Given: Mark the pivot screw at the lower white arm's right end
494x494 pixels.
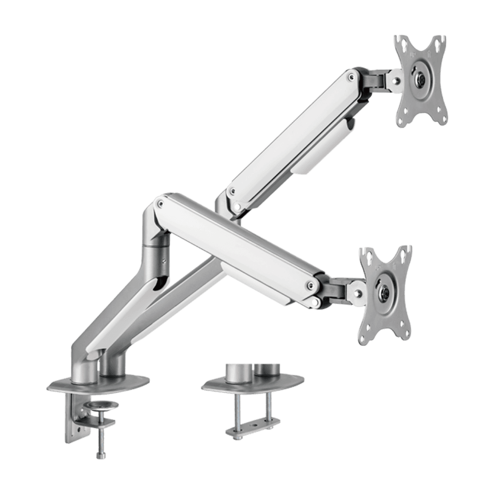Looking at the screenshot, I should click(x=311, y=284).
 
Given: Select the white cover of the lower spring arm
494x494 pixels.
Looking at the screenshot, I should click(x=237, y=242).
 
